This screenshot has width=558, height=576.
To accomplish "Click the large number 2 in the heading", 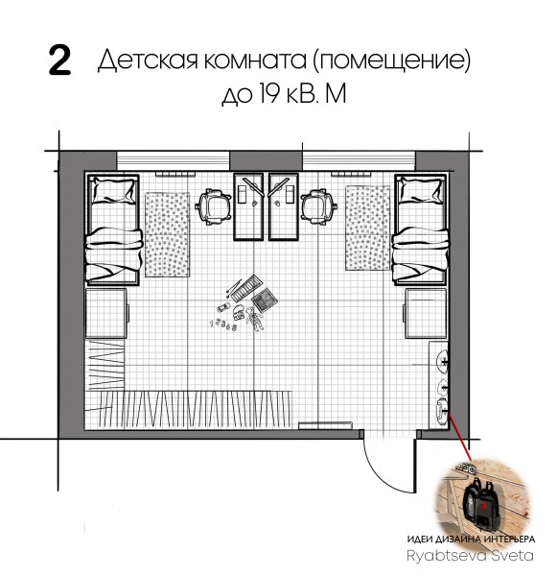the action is click(x=59, y=62).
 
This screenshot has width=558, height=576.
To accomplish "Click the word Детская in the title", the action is click(x=149, y=60).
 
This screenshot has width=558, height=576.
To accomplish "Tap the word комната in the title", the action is click(x=255, y=60).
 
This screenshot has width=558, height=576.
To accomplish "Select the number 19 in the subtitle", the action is click(x=269, y=93).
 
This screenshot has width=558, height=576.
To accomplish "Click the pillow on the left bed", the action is click(x=113, y=190).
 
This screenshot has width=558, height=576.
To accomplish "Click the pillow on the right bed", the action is click(x=421, y=190).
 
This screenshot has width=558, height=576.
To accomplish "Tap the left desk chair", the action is click(x=215, y=206).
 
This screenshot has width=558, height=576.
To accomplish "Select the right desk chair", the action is click(x=318, y=206).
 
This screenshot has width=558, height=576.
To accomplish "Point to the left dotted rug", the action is click(x=167, y=234).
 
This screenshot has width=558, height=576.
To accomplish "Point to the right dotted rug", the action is click(x=367, y=228).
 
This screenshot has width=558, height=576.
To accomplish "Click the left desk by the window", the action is click(x=248, y=206).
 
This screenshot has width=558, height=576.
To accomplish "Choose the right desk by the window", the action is click(x=283, y=206).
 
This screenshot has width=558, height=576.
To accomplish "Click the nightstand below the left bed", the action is click(x=106, y=313).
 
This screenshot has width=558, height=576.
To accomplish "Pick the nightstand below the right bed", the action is click(x=426, y=313).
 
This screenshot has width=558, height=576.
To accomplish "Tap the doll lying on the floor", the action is click(x=254, y=319).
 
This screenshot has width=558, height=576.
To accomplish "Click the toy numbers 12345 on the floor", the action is click(x=222, y=324).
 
